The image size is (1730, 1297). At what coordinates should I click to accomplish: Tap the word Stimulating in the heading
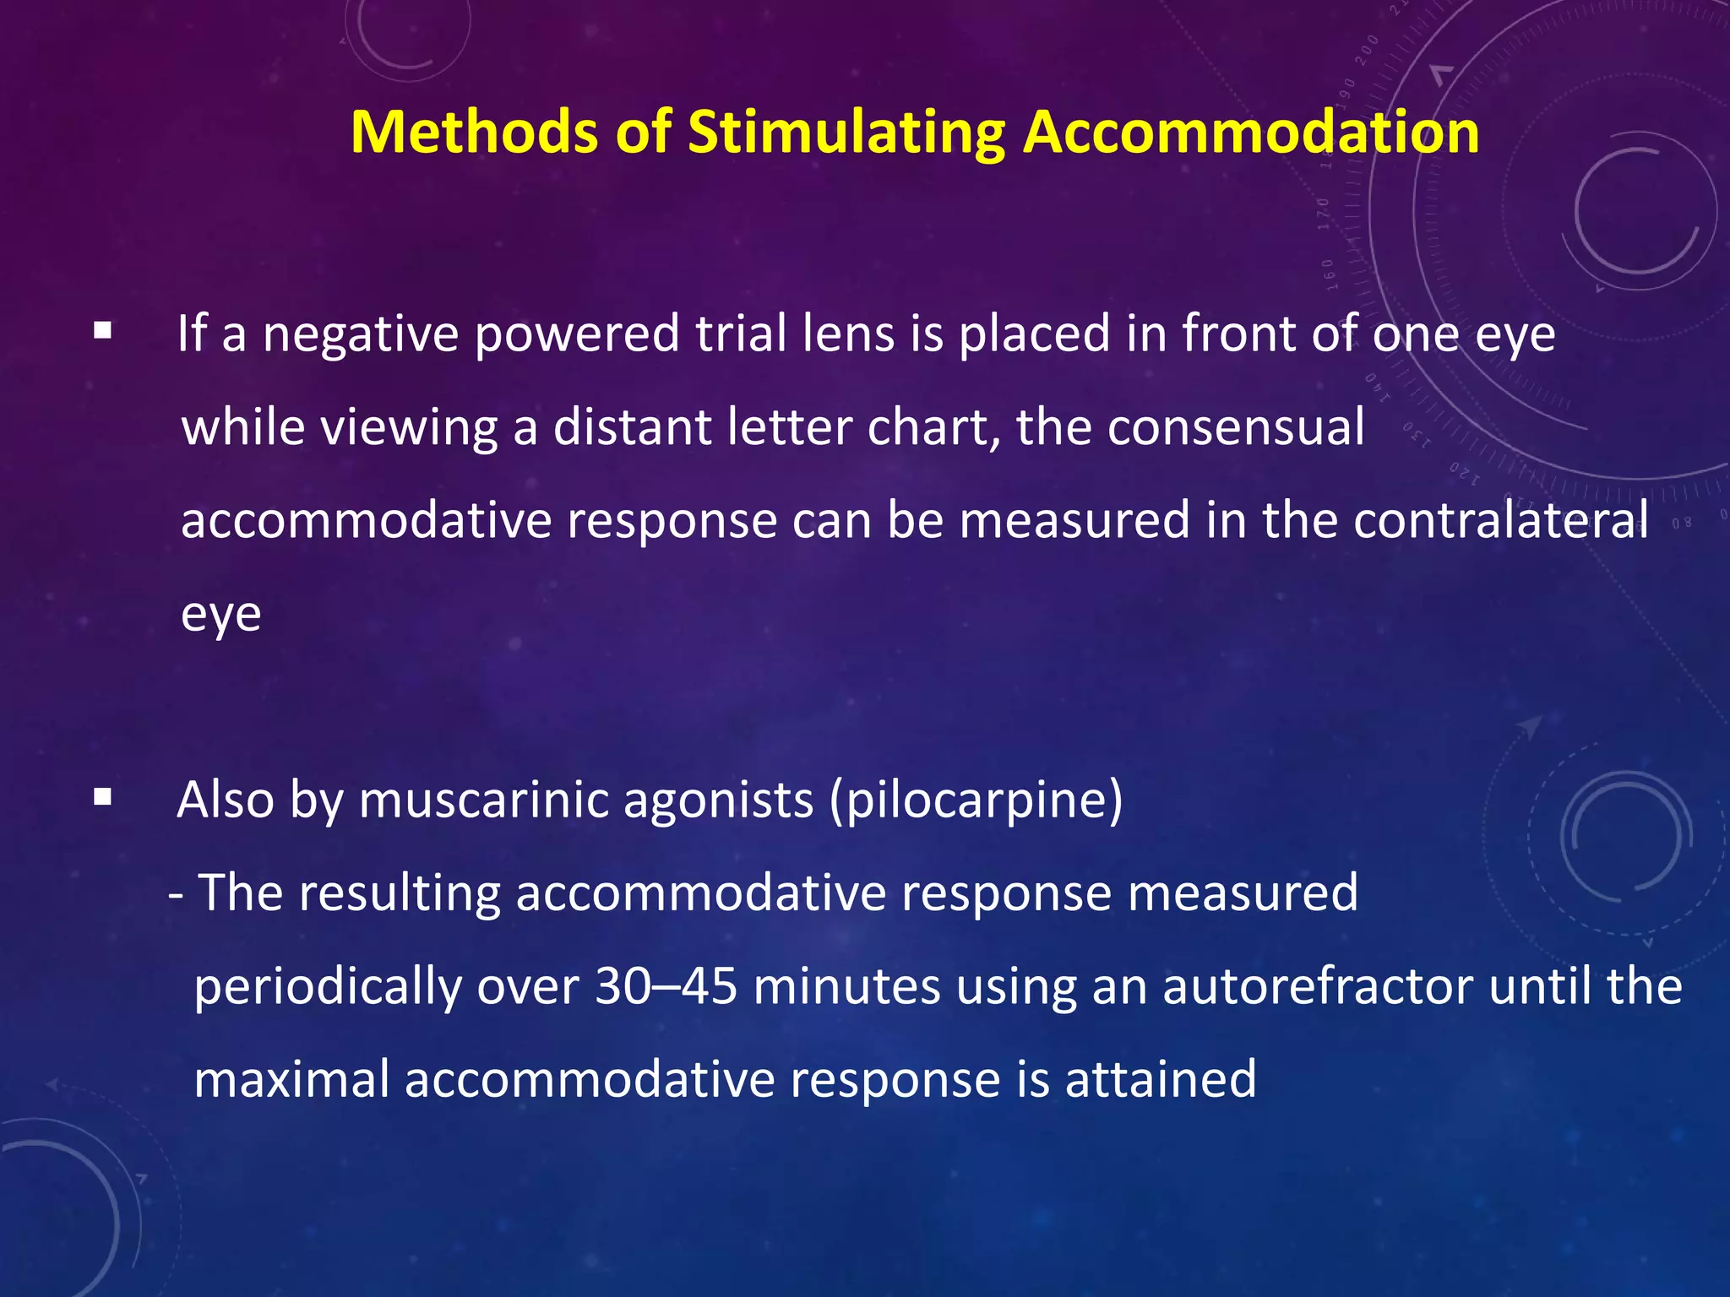(846, 133)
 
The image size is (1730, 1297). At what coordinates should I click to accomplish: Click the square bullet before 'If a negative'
(103, 330)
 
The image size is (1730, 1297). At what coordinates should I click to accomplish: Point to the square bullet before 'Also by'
(103, 797)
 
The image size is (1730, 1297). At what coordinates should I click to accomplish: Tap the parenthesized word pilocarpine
(977, 800)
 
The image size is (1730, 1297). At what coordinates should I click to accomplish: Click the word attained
(1161, 1079)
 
